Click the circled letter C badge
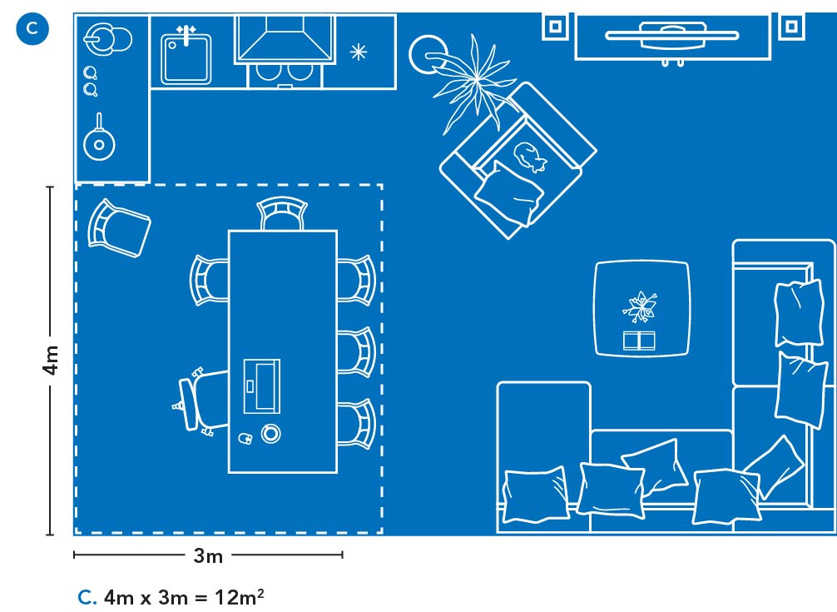(32, 28)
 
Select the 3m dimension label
(208, 556)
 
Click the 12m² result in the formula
(239, 596)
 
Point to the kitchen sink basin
(186, 57)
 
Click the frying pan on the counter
(99, 139)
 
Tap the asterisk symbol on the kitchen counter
(359, 52)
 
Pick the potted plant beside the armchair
(470, 80)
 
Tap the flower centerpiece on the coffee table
(640, 306)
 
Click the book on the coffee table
(639, 341)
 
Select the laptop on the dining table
(261, 386)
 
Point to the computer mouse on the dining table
(245, 439)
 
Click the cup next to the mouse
(270, 433)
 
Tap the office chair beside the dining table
(201, 401)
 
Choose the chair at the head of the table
(282, 213)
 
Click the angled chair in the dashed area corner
(118, 228)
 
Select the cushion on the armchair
(510, 193)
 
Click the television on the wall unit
(672, 35)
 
